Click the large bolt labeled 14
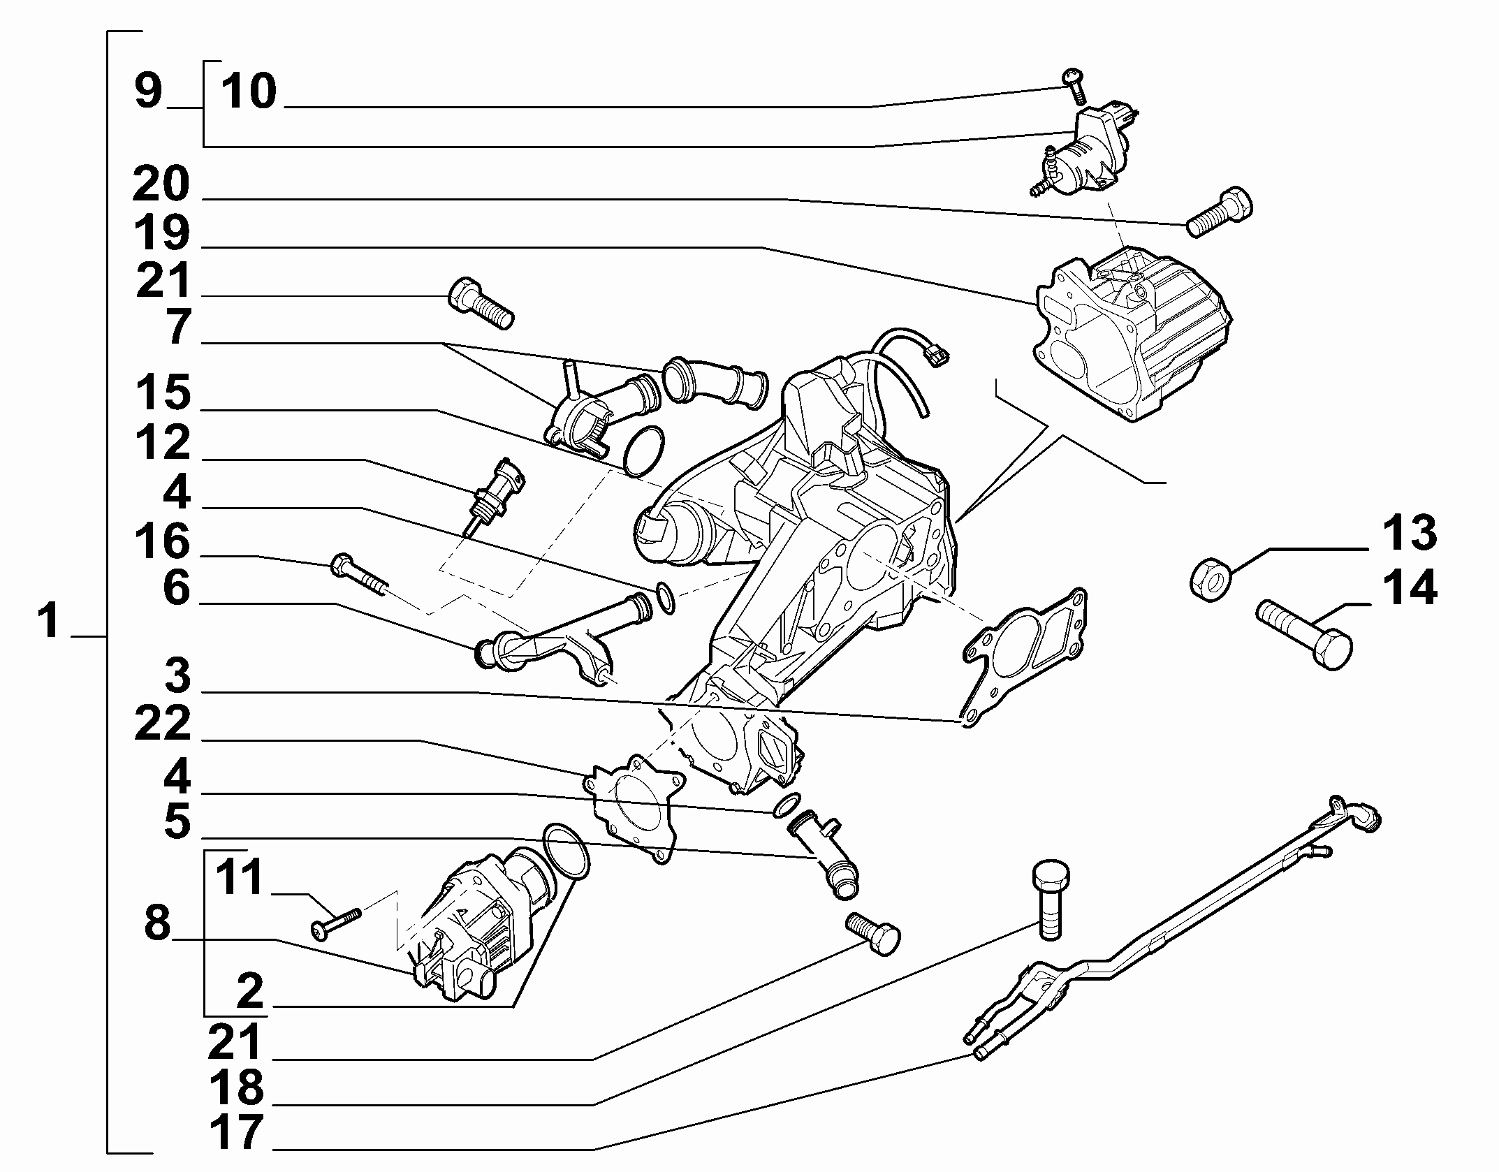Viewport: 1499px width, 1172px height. click(x=1304, y=636)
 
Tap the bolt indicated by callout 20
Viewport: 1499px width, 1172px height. click(x=1219, y=212)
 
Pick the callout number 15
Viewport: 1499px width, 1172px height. click(x=162, y=393)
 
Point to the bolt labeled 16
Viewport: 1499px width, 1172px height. click(x=358, y=576)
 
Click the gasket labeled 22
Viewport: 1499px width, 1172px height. click(x=632, y=808)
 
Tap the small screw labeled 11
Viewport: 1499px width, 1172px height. click(x=335, y=923)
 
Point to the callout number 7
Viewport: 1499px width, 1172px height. click(x=177, y=327)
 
